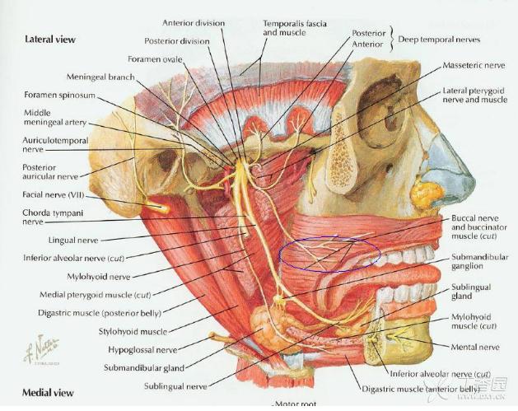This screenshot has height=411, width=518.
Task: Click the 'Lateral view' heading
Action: (x=51, y=39)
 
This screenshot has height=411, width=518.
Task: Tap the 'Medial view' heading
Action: (x=49, y=393)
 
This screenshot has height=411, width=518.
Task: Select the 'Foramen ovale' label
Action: (x=154, y=58)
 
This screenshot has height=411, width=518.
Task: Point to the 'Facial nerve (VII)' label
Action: (x=58, y=195)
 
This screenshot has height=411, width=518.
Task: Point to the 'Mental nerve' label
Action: (x=475, y=347)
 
